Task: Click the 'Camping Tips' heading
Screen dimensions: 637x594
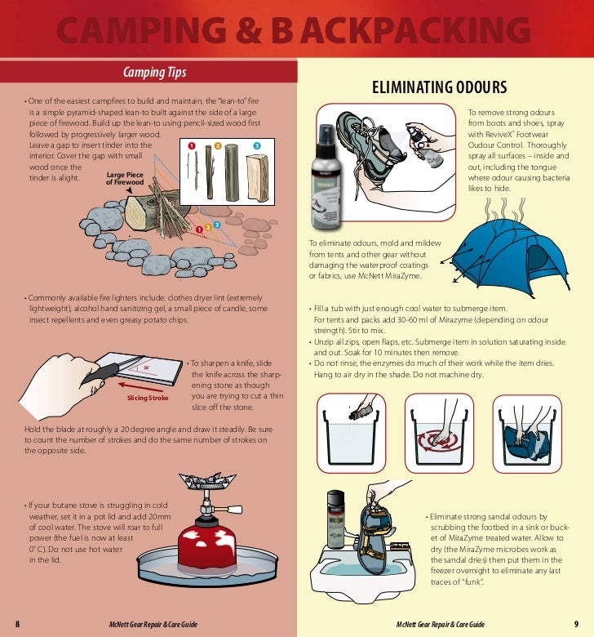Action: (x=154, y=73)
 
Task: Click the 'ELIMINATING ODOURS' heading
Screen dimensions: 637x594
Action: (x=440, y=87)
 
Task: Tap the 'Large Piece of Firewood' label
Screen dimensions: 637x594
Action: (x=124, y=179)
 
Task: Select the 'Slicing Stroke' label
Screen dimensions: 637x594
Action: (x=147, y=399)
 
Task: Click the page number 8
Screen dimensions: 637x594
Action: (x=17, y=625)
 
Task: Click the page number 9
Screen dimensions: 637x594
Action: (x=576, y=625)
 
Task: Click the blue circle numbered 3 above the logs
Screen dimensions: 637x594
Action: (x=256, y=145)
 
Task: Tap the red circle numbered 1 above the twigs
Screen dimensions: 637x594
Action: (x=192, y=145)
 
